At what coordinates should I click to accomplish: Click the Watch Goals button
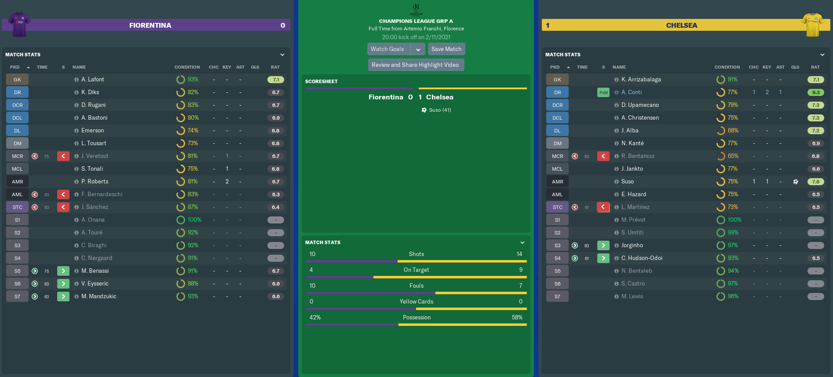pos(387,49)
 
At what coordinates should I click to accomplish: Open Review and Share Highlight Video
pos(415,65)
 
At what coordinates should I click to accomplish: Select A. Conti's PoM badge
pos(603,92)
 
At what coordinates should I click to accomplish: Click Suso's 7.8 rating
pos(815,182)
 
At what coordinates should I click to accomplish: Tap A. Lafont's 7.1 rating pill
pos(276,80)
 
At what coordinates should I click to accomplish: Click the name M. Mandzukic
pos(99,296)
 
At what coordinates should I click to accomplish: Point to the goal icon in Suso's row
pos(796,182)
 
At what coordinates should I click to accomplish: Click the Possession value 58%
pos(517,318)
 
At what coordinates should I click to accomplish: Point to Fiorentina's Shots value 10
pos(312,254)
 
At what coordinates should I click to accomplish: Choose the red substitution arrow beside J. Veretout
pos(63,156)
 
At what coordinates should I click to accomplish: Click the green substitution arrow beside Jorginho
pos(603,245)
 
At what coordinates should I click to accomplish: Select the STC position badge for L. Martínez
pos(557,207)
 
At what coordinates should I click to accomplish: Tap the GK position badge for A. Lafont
pos(17,80)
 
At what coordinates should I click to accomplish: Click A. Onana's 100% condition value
pos(194,220)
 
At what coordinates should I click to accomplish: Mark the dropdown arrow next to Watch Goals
pos(418,49)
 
